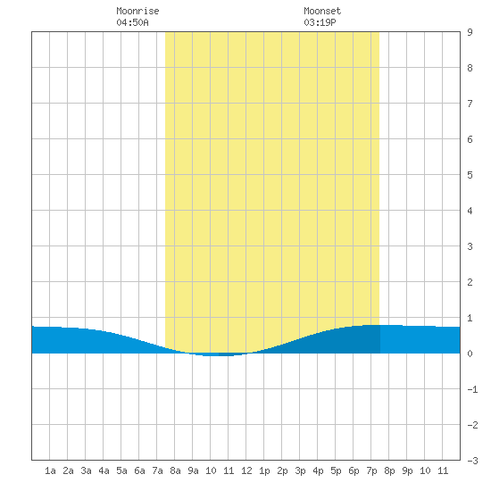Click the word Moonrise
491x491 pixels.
click(137, 11)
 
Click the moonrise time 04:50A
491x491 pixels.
click(132, 22)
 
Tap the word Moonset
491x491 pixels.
click(322, 11)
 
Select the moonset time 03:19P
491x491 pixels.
click(320, 22)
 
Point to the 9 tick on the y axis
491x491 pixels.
click(470, 32)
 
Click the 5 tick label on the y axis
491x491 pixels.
click(470, 175)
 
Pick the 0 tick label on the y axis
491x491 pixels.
click(470, 354)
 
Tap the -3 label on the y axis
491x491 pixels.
click(472, 461)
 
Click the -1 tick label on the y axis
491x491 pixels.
click(472, 389)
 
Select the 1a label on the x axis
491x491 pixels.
click(50, 470)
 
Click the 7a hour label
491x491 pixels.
click(157, 470)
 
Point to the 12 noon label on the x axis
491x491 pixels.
click(246, 470)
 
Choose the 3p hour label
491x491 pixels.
click(300, 470)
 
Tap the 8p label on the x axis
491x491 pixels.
click(389, 470)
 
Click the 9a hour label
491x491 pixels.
click(193, 470)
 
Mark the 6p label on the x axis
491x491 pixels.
click(354, 470)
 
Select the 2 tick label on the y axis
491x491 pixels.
click(470, 282)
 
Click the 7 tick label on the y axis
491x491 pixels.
click(470, 104)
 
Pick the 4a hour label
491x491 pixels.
click(104, 470)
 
